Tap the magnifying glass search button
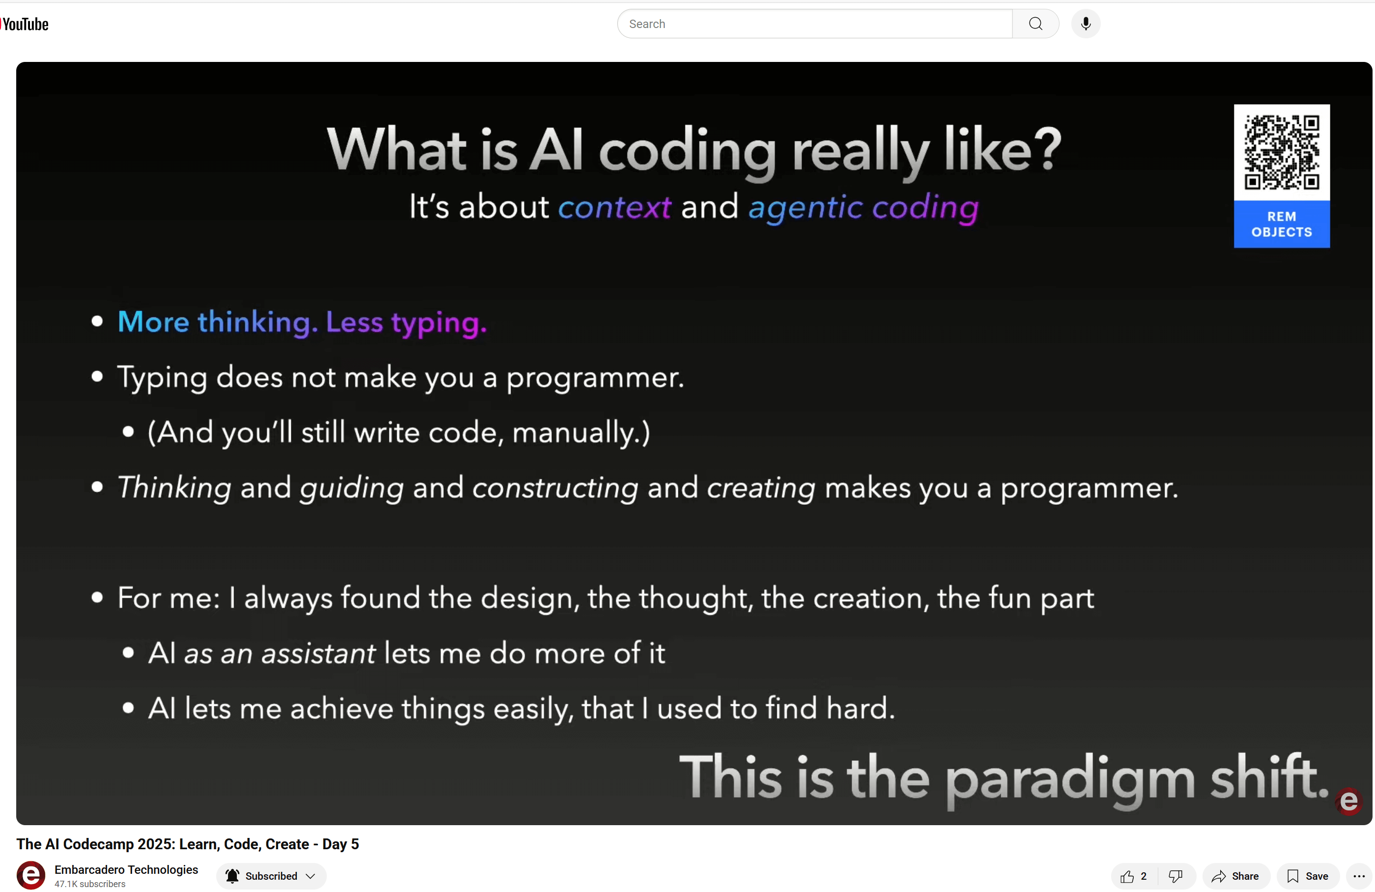pos(1035,24)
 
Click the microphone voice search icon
pos(1085,24)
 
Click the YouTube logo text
pos(26,24)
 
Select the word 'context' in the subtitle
pos(614,207)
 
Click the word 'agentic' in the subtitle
pos(805,207)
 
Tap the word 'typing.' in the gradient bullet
pos(438,322)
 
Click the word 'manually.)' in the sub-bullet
pos(581,432)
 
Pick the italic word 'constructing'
pos(555,488)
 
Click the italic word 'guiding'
pos(351,488)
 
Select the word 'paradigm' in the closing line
pos(1069,777)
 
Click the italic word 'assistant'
pos(318,654)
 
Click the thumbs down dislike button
pos(1175,876)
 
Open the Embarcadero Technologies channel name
pos(126,869)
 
